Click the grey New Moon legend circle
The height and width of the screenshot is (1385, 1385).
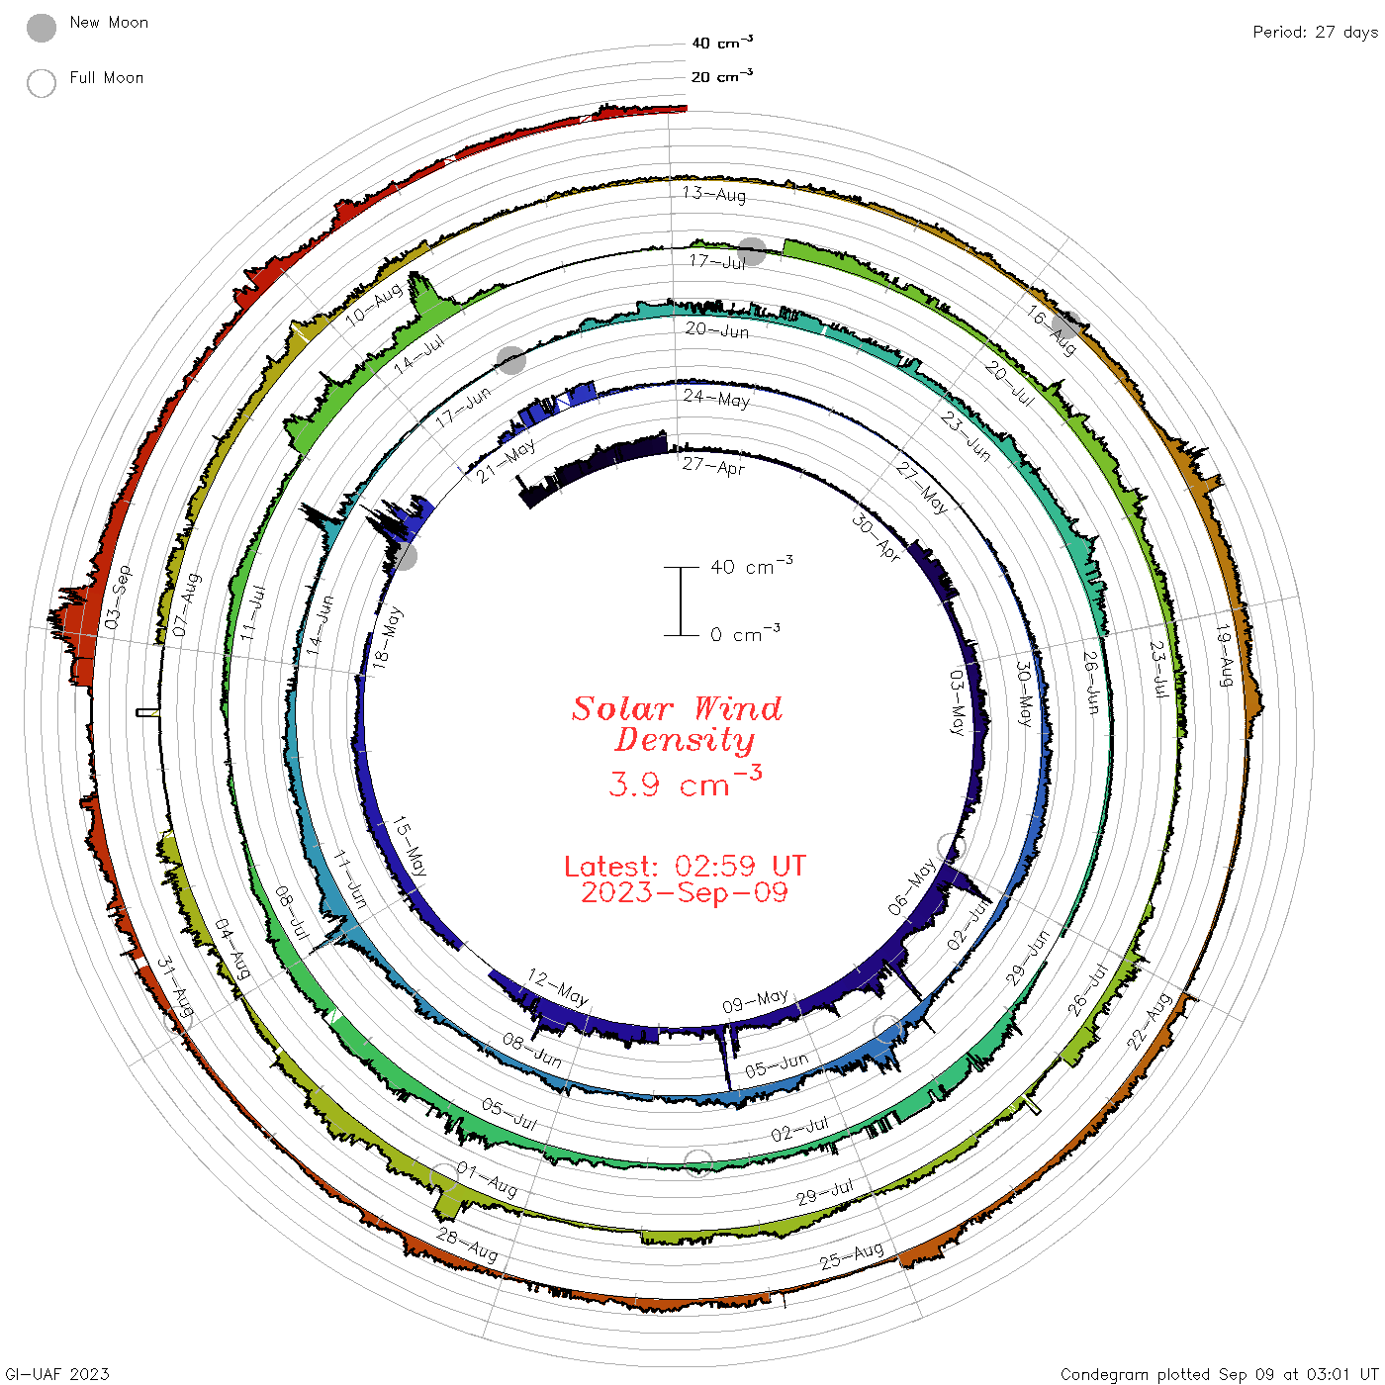[x=41, y=28]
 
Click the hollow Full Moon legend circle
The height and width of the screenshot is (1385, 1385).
[x=41, y=83]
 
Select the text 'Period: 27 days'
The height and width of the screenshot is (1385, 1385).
[x=1315, y=33]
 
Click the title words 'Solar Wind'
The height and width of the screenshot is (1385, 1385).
[x=677, y=708]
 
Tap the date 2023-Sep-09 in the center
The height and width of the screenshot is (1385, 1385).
[x=685, y=893]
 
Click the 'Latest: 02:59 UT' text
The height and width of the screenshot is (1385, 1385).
[x=685, y=866]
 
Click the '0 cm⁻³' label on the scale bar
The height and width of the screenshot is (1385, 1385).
[x=745, y=633]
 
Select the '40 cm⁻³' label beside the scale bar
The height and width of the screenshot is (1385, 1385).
[x=751, y=566]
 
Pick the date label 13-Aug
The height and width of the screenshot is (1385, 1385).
[x=713, y=194]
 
